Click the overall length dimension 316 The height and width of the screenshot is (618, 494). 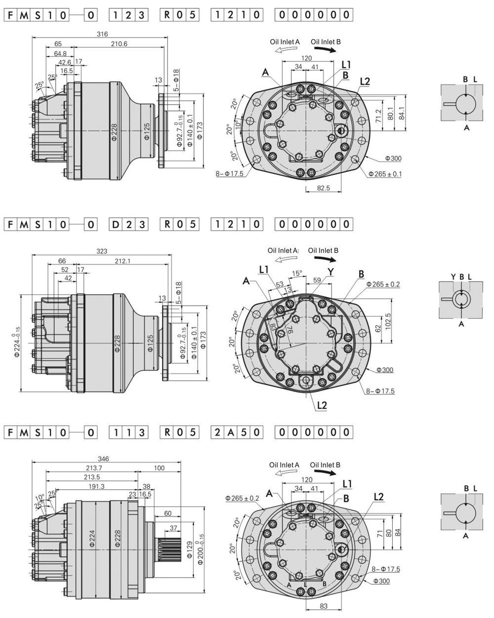[102, 34]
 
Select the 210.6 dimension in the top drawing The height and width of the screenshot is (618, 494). [119, 44]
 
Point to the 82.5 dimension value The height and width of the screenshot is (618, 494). [324, 188]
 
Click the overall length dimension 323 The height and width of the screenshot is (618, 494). [101, 251]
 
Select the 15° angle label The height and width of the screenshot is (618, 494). [296, 273]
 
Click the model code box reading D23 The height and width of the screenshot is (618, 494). [128, 224]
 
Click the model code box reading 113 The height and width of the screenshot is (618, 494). [128, 432]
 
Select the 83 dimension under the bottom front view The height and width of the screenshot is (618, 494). [323, 606]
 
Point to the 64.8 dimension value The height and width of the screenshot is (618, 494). [60, 53]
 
